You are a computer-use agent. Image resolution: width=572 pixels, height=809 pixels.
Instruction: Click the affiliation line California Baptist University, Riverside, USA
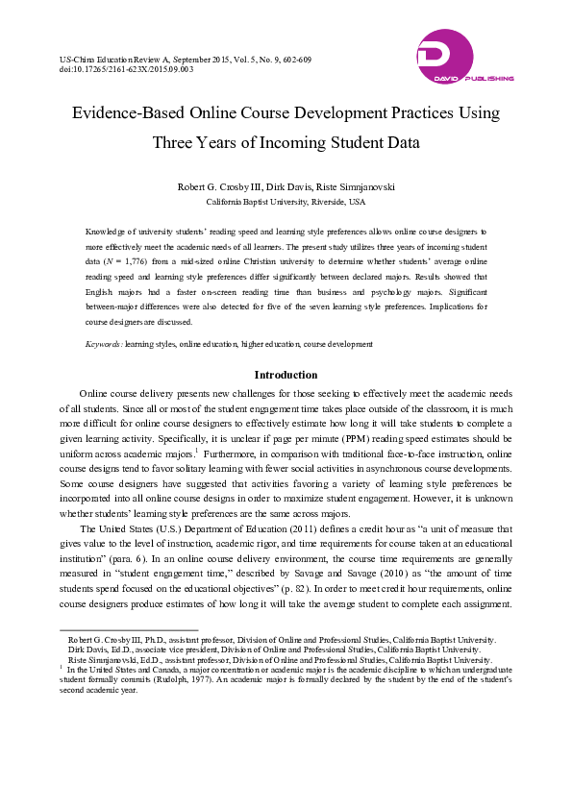pyautogui.click(x=286, y=203)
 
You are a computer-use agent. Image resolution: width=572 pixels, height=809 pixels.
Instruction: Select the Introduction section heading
pyautogui.click(x=286, y=375)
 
